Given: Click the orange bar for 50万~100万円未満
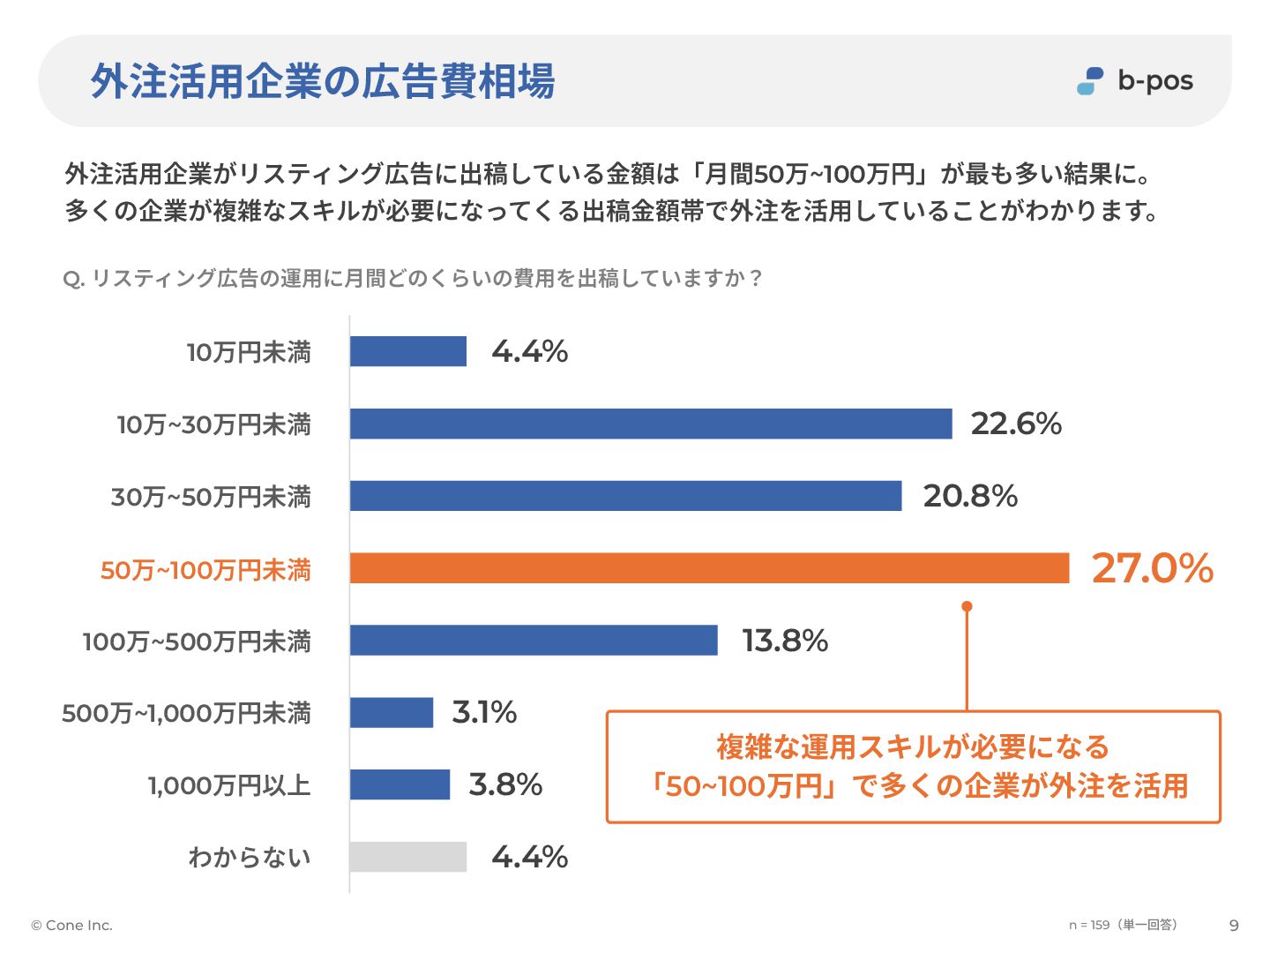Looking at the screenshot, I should [x=709, y=568].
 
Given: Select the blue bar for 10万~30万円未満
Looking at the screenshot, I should [x=651, y=424].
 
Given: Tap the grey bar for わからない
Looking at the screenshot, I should [x=407, y=857].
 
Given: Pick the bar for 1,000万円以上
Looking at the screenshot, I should [x=400, y=784].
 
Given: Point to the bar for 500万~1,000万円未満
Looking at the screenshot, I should [x=392, y=712].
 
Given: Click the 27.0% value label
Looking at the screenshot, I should [x=1152, y=568].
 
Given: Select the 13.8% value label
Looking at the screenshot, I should [x=785, y=641].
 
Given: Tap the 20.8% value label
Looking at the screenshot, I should [x=970, y=496].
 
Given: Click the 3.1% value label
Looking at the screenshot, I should [x=484, y=712].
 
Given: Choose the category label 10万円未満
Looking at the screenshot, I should [x=249, y=352].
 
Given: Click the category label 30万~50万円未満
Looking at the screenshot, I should [x=211, y=497].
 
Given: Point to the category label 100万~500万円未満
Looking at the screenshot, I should [x=197, y=642].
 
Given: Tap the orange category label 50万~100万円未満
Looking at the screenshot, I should [x=205, y=570].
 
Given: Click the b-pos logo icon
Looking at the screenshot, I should [x=1090, y=81].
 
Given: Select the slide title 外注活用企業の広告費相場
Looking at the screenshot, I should [x=323, y=81].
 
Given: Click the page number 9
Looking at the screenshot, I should [x=1234, y=925].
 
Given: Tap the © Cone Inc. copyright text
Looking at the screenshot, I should [x=71, y=925].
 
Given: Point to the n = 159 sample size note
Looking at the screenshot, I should [x=1122, y=925].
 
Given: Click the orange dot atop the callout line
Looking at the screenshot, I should [x=967, y=606].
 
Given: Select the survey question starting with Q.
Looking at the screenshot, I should [x=413, y=279].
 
